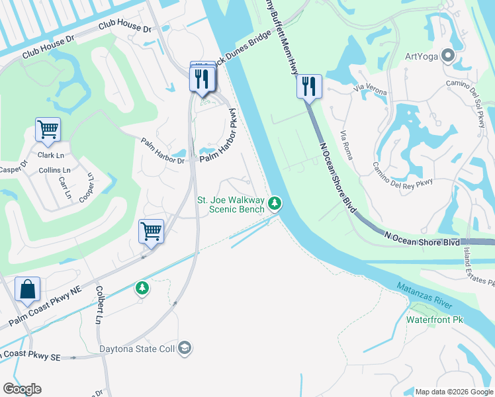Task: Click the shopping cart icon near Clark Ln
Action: [48, 130]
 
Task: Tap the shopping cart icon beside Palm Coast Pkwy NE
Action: [151, 232]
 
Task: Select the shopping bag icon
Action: [27, 290]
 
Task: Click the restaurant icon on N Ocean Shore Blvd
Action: [309, 86]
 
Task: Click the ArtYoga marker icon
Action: [448, 56]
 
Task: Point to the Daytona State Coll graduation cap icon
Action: [185, 347]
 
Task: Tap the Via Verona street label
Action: [369, 87]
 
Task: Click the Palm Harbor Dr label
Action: [163, 150]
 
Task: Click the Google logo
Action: [22, 389]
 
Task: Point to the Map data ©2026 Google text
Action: [453, 392]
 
